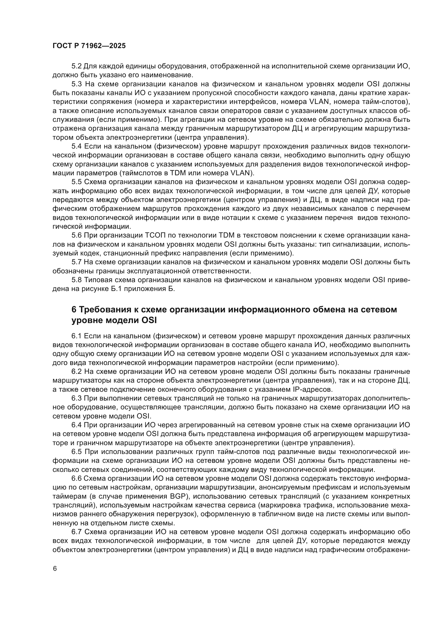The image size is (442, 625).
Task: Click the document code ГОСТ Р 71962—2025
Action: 89,46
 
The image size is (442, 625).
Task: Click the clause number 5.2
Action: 76,66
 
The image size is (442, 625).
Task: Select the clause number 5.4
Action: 76,146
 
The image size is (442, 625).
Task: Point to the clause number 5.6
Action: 76,235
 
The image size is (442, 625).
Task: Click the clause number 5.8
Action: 76,280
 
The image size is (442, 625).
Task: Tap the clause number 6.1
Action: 76,336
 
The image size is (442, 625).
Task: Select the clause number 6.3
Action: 76,398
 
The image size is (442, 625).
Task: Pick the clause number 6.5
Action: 76,452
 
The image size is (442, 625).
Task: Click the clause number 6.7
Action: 76,532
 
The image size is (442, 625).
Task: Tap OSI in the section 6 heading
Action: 149,320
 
